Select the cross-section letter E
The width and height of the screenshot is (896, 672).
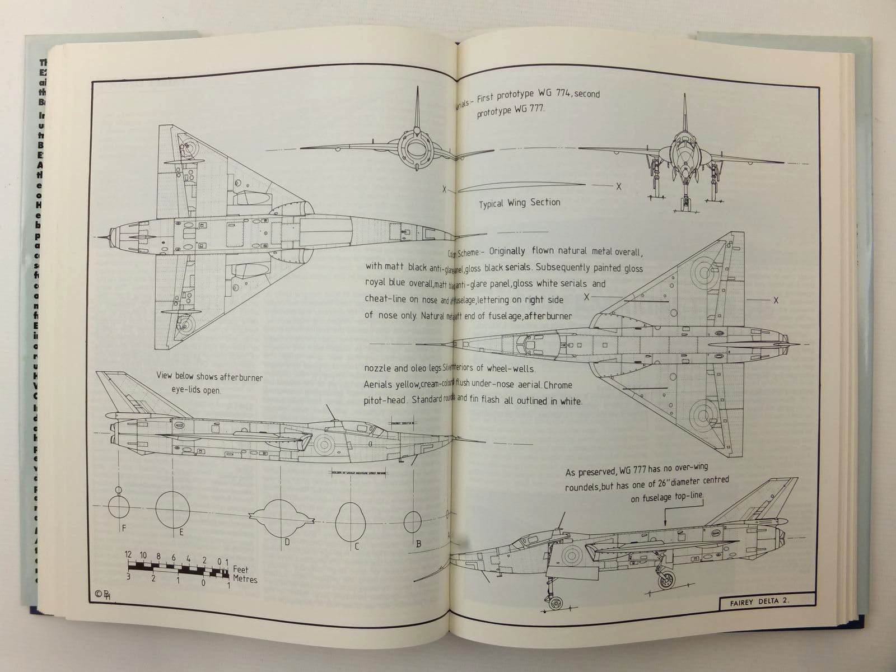(x=181, y=532)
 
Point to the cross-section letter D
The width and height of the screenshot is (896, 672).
(x=286, y=542)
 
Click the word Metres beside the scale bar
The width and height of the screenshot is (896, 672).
(x=245, y=579)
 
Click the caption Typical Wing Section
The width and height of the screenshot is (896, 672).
(x=519, y=203)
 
